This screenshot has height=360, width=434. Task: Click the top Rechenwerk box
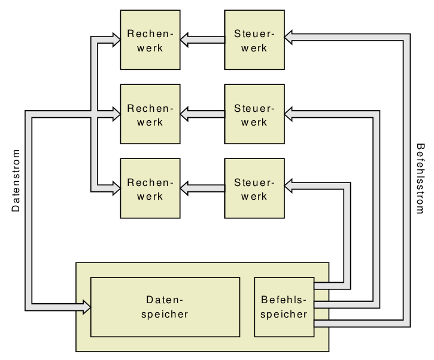click(150, 39)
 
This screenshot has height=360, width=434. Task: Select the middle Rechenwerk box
click(150, 114)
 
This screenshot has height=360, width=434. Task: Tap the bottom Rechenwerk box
click(150, 188)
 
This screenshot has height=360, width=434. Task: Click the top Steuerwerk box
click(254, 39)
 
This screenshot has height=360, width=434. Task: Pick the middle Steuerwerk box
click(254, 114)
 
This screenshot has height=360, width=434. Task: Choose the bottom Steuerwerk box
click(254, 188)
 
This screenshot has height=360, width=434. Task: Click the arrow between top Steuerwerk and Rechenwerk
click(202, 39)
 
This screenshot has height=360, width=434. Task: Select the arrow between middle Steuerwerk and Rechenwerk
click(202, 111)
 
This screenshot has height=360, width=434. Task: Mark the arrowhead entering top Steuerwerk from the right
click(290, 38)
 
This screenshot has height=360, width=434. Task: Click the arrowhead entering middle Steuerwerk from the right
click(290, 111)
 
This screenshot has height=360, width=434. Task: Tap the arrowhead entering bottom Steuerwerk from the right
click(290, 185)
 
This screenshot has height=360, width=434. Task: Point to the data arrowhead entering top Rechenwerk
click(114, 39)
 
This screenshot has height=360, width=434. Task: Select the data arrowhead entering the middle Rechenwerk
click(114, 111)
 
